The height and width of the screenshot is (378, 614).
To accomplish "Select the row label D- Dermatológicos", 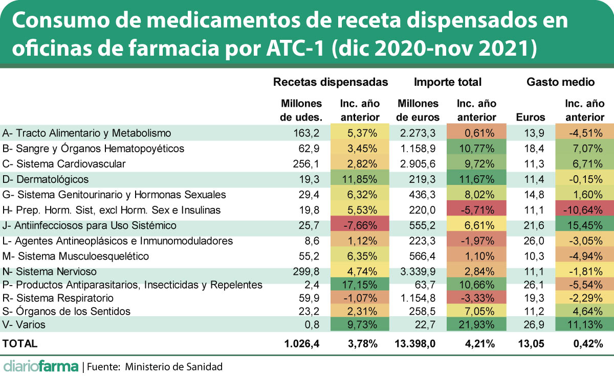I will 46,179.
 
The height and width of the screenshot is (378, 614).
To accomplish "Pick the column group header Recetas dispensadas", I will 331,82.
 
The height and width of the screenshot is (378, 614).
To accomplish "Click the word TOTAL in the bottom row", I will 20,344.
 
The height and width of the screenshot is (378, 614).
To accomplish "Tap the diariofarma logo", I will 41,366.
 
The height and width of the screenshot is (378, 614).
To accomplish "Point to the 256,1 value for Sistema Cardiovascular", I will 306,164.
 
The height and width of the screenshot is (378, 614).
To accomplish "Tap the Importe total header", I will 448,82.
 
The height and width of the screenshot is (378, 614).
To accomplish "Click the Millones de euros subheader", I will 418,110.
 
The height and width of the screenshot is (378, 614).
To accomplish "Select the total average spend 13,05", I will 531,344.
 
